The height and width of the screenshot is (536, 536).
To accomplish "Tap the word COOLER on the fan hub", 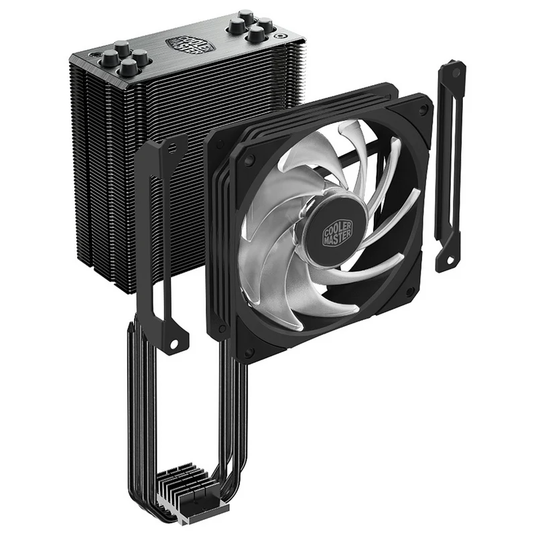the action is point(336,226).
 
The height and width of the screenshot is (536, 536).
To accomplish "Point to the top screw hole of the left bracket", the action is point(173,148).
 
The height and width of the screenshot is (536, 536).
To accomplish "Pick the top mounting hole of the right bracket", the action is point(456,72).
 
